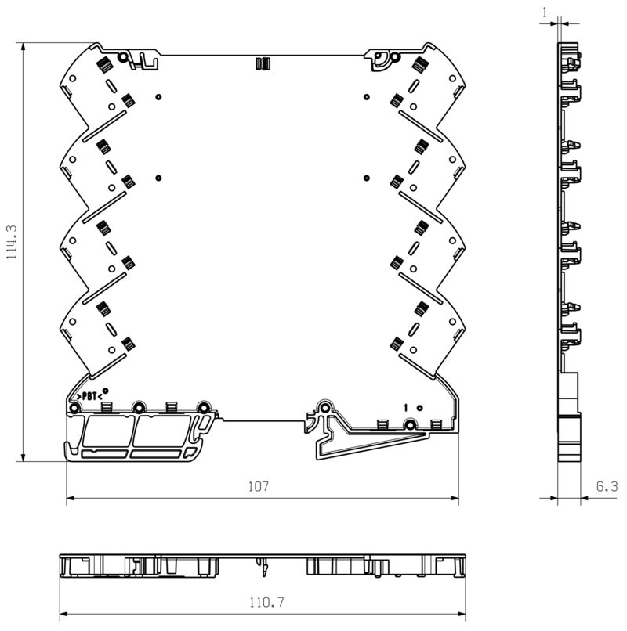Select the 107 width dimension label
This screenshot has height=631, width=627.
(x=259, y=486)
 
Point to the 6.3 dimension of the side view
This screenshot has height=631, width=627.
(x=607, y=486)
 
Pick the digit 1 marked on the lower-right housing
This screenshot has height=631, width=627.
(x=406, y=407)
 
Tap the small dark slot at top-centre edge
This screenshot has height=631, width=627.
(x=263, y=64)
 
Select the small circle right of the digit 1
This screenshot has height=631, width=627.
(x=419, y=407)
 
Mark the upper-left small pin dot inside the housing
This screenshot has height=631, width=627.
(x=158, y=97)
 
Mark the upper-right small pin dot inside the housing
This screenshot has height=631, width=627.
(x=367, y=97)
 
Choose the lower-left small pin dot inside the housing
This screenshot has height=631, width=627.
(x=158, y=177)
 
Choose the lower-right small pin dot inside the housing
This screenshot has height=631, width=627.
(x=367, y=177)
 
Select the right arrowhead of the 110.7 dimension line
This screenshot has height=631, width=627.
(x=464, y=613)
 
